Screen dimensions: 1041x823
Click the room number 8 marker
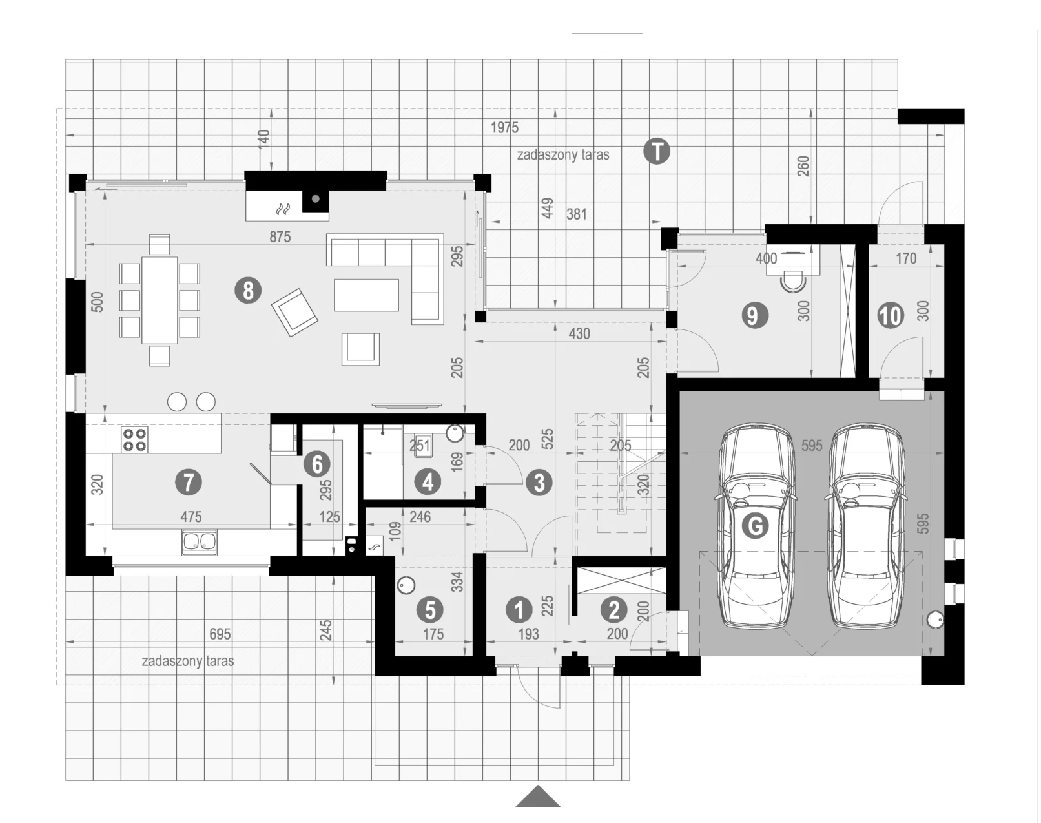248,291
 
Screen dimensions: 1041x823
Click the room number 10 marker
891,315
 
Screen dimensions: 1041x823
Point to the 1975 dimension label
504,128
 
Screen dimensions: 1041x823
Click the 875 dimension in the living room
280,237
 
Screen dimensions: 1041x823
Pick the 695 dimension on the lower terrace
220,634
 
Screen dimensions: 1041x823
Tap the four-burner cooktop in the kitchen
134,439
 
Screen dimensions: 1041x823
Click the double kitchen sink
200,541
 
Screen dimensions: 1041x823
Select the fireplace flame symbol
282,209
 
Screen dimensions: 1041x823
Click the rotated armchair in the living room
294,312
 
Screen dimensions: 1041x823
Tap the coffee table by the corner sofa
366,295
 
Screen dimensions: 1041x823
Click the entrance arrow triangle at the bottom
537,796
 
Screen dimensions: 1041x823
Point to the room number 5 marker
431,610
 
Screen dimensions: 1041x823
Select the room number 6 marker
317,464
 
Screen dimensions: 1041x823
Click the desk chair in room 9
792,282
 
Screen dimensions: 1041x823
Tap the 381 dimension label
576,214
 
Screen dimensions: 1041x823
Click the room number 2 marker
614,610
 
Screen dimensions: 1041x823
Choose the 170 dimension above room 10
906,258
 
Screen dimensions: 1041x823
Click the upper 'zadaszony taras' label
563,155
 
